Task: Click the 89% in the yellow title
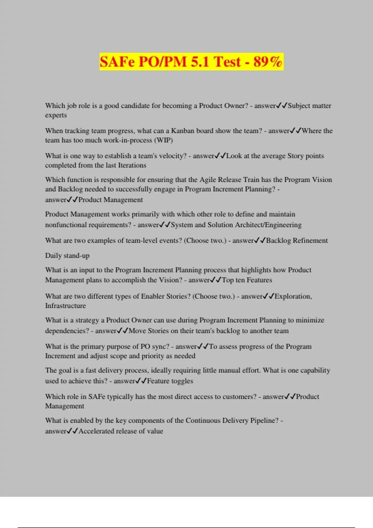(x=268, y=61)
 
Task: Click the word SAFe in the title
(x=117, y=61)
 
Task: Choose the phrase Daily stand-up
(x=67, y=256)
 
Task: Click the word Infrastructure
(x=65, y=306)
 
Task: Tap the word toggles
(x=182, y=381)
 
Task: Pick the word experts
(x=56, y=115)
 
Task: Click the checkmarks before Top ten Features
(x=216, y=280)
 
